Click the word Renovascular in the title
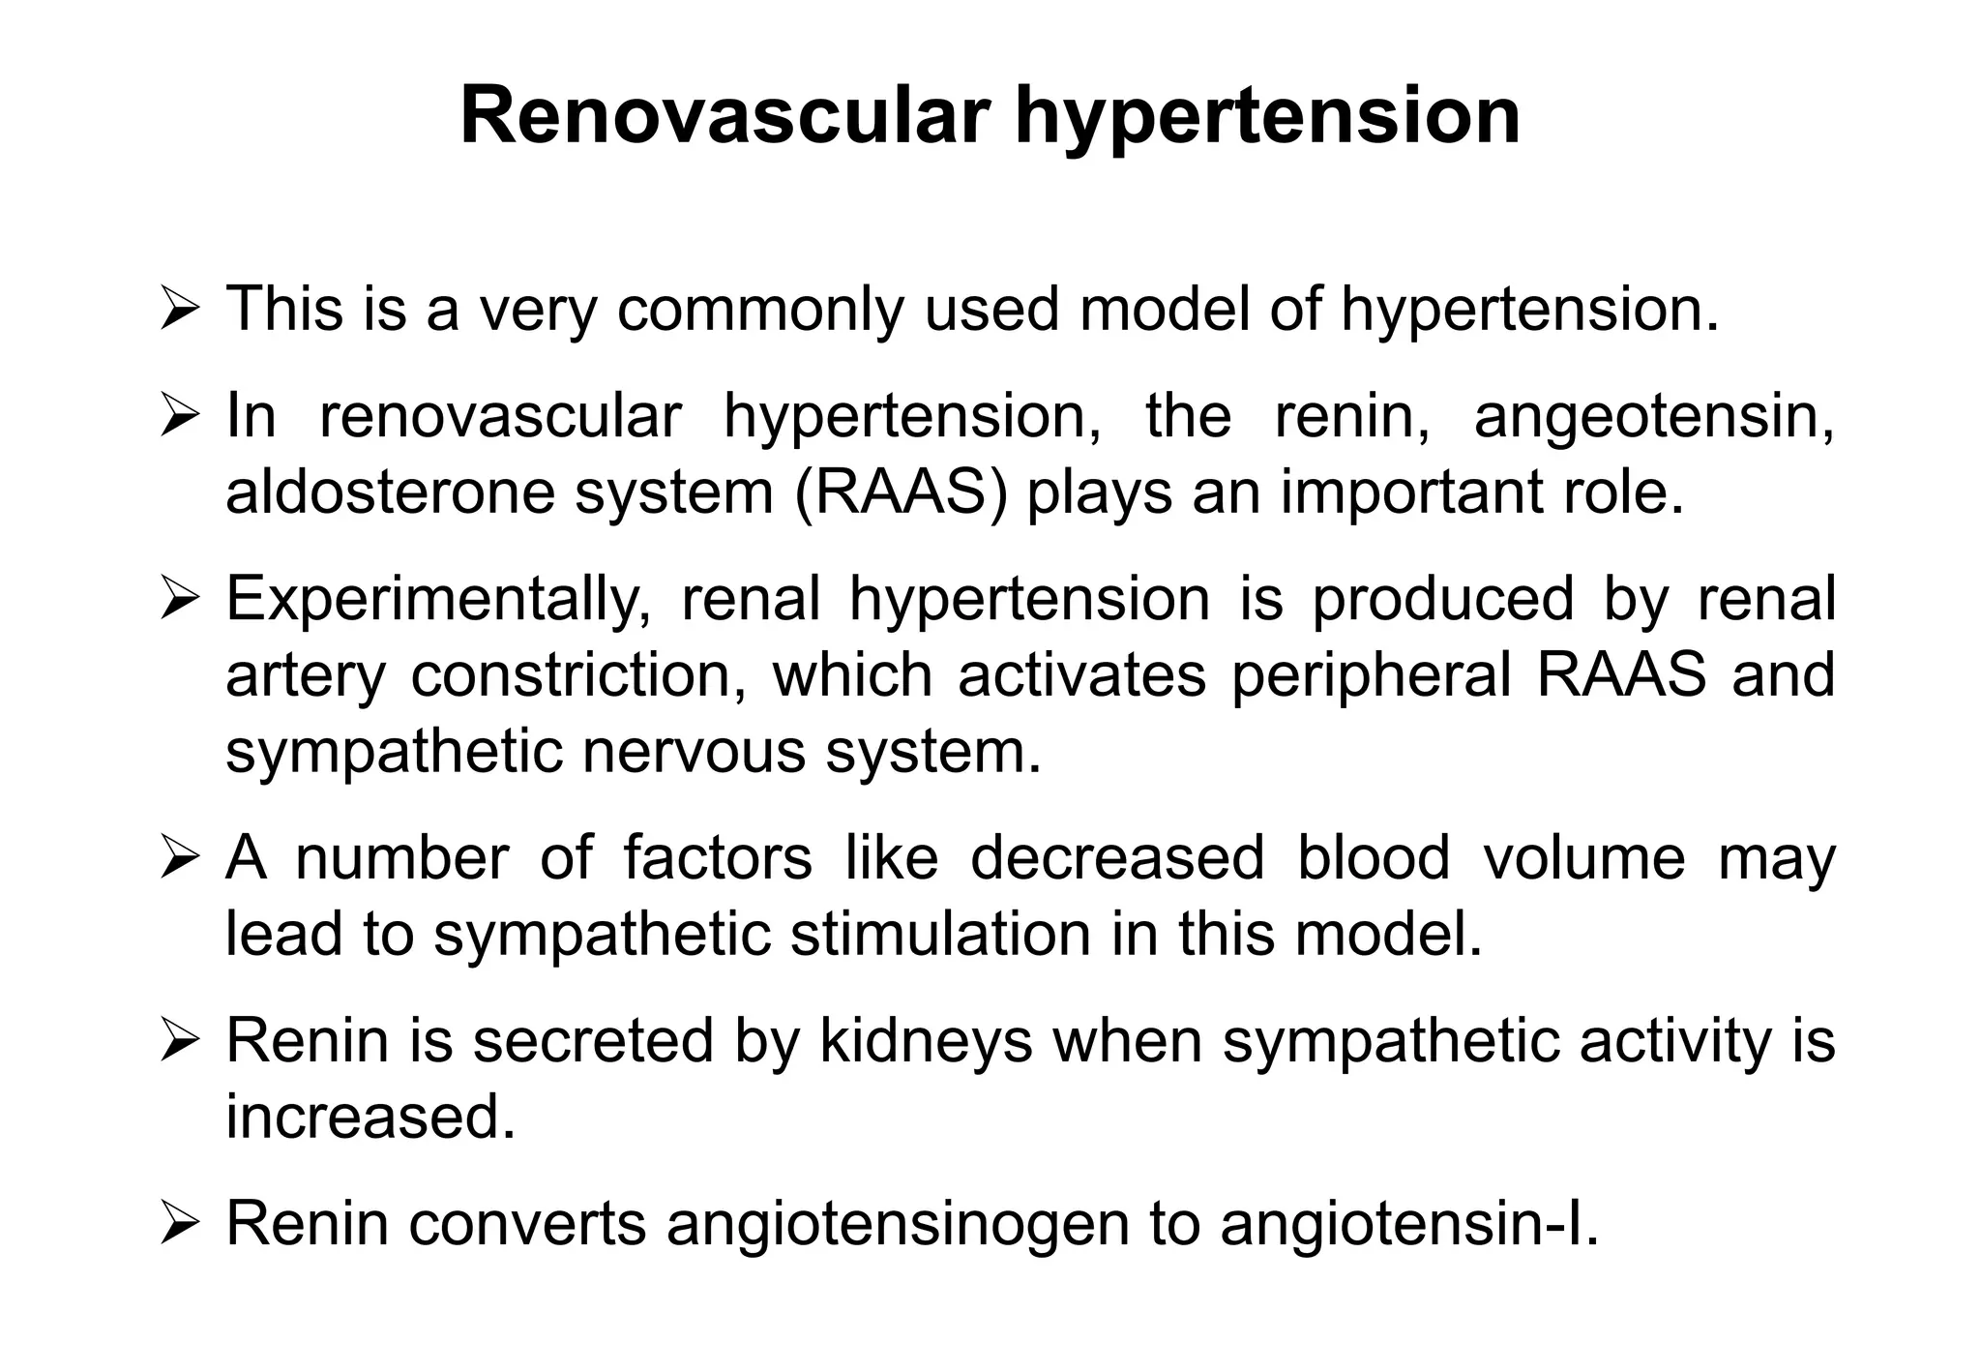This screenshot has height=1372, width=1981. click(725, 117)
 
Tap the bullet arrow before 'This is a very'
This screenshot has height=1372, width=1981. click(179, 310)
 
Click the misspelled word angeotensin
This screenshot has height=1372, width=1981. click(1653, 416)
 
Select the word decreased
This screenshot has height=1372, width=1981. click(1117, 858)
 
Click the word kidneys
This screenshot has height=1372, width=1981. click(926, 1041)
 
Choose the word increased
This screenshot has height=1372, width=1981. click(370, 1118)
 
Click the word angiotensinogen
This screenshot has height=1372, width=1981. click(899, 1224)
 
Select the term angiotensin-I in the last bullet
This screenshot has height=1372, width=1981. click(1408, 1224)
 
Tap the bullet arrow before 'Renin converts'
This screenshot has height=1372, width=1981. click(179, 1225)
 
